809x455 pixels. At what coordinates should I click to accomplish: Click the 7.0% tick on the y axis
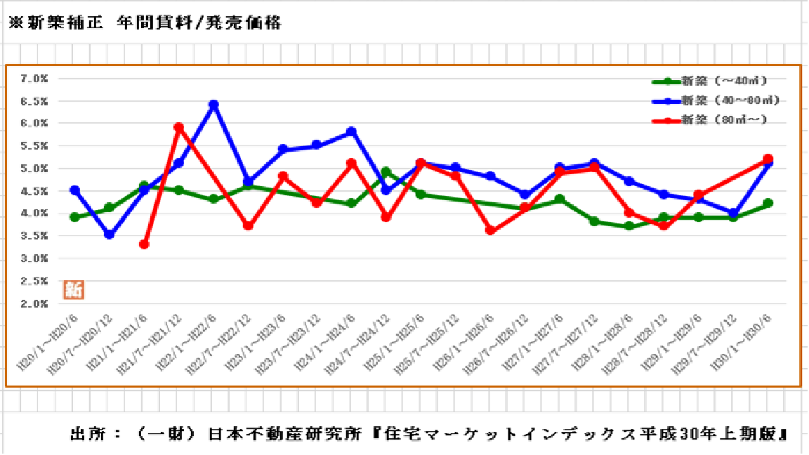pyautogui.click(x=34, y=79)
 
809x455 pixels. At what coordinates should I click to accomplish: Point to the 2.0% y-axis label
pyautogui.click(x=34, y=304)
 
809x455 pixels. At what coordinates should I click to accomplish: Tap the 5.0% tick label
pyautogui.click(x=34, y=169)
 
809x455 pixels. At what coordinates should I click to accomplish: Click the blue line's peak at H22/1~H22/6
pyautogui.click(x=213, y=105)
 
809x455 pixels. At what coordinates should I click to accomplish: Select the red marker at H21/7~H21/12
pyautogui.click(x=178, y=128)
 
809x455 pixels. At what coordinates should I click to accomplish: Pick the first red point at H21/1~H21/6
pyautogui.click(x=144, y=244)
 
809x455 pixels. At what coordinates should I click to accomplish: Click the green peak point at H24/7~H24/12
pyautogui.click(x=386, y=172)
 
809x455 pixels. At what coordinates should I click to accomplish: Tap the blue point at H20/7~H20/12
pyautogui.click(x=109, y=235)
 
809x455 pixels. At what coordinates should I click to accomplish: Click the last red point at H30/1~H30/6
pyautogui.click(x=768, y=159)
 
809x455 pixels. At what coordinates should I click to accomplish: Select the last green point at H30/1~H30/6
pyautogui.click(x=768, y=204)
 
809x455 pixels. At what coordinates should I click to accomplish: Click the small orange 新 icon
pyautogui.click(x=73, y=289)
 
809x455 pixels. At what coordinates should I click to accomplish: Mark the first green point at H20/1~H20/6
pyautogui.click(x=74, y=218)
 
